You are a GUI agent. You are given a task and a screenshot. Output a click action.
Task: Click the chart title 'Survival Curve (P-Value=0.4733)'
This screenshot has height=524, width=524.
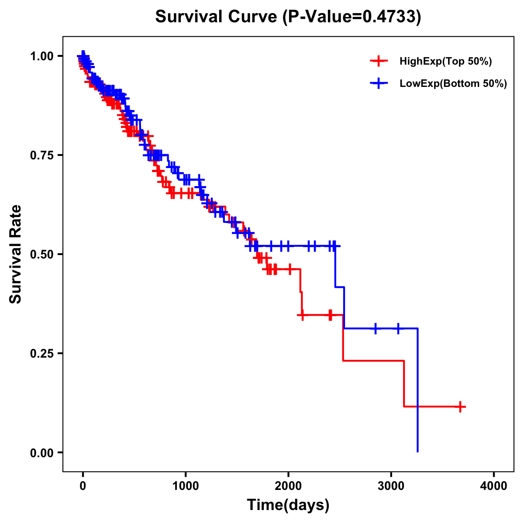coord(288,17)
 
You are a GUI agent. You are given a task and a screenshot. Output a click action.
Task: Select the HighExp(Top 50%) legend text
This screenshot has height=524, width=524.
coord(446,62)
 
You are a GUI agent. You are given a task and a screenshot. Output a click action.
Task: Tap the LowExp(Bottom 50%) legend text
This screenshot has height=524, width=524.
coord(453,83)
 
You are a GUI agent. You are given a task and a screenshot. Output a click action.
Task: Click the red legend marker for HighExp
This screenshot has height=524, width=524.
coord(379,62)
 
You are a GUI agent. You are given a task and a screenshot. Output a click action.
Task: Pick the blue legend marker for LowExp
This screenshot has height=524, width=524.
coord(379,83)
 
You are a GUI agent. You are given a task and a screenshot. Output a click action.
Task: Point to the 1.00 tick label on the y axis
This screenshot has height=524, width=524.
coord(42,56)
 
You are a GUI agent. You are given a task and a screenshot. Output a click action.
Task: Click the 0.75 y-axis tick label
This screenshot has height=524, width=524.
coord(42,155)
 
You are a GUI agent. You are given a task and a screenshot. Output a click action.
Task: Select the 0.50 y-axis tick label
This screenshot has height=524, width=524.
coord(42,254)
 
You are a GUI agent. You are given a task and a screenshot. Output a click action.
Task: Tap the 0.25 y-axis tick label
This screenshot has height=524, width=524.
coord(42,353)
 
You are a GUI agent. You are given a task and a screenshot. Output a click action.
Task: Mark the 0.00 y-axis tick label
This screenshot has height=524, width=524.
coord(42,452)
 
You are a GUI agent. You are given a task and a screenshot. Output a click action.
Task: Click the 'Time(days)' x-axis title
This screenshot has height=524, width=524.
coord(288,505)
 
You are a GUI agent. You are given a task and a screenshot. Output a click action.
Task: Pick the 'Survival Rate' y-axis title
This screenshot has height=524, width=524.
coord(16,254)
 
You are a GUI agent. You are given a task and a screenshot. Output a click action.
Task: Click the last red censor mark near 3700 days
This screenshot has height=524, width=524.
coord(460,407)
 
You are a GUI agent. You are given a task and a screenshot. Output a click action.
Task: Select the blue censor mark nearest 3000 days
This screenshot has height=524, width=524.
coord(398,328)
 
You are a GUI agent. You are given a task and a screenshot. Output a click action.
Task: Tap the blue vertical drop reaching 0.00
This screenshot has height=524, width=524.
coord(418,393)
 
